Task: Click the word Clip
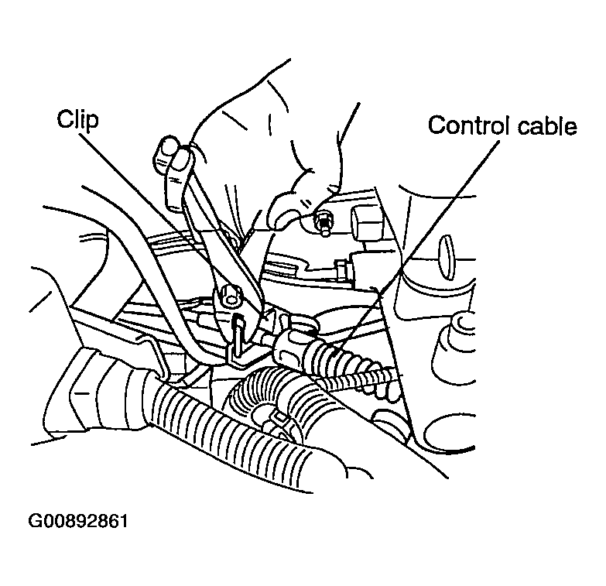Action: [x=77, y=119]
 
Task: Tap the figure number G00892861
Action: [x=77, y=521]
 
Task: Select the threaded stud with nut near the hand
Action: [x=324, y=223]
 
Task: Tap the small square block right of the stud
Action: [x=365, y=221]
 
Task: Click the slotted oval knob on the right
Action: [x=446, y=258]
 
